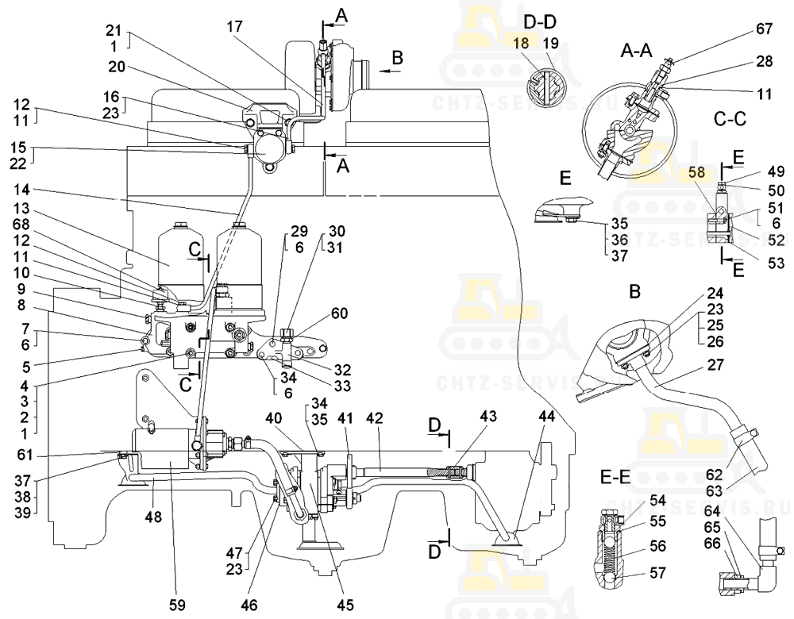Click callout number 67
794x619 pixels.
(x=763, y=30)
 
